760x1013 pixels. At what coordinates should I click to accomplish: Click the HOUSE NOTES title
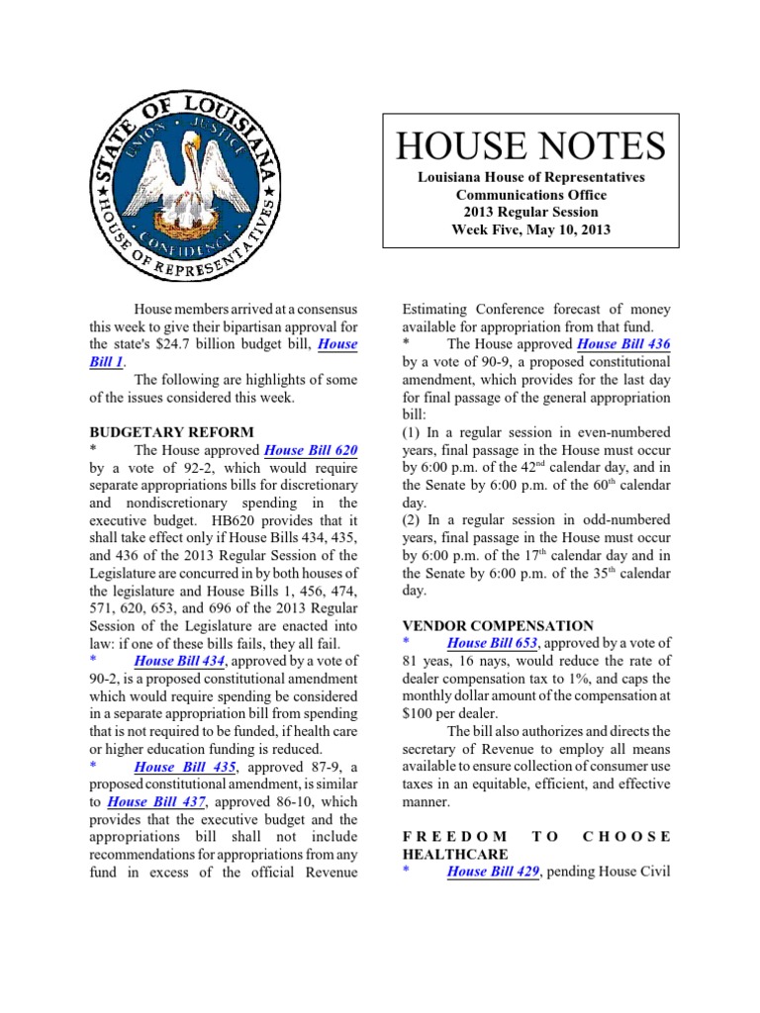530,145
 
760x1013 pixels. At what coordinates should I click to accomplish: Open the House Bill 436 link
622,344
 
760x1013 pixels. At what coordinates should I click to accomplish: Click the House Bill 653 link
492,643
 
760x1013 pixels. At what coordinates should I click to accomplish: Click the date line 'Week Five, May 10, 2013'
530,230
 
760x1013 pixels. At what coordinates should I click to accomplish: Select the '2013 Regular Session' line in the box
530,212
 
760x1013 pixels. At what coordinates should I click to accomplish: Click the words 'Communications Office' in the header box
530,195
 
